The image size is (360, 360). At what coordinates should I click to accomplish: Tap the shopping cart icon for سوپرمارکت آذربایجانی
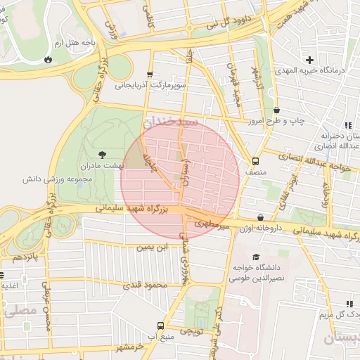(x=149, y=75)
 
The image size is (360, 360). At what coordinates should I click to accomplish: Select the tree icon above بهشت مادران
(x=103, y=152)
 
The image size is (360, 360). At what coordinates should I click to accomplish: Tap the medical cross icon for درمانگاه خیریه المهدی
(x=309, y=59)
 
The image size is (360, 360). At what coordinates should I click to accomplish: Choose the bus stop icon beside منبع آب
(x=161, y=326)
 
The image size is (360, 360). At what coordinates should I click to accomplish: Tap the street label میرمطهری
(x=215, y=223)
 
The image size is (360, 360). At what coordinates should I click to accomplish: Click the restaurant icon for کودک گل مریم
(x=349, y=304)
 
